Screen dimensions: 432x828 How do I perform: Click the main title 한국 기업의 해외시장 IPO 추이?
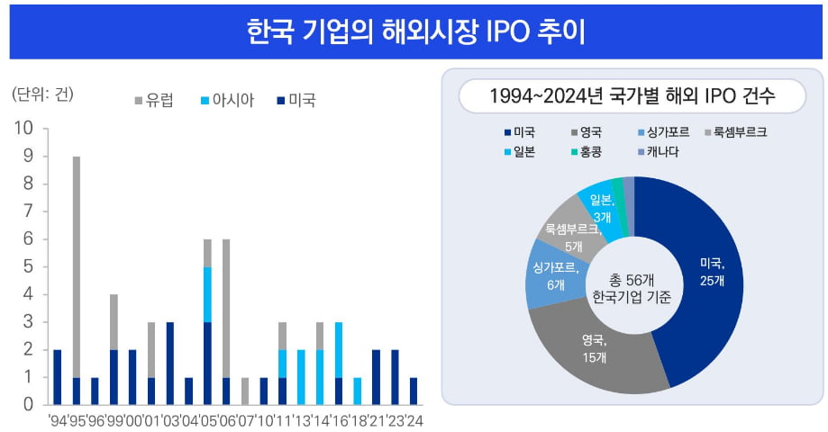414,31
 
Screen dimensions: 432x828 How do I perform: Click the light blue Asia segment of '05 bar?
207,293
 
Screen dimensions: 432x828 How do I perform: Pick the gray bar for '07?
244,391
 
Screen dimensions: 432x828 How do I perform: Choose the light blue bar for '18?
357,391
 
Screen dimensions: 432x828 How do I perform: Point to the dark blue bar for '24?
413,391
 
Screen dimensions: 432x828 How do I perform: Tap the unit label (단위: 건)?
41,94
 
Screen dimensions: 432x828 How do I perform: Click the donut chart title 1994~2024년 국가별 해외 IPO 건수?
632,94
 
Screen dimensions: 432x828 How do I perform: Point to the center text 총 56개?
633,278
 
